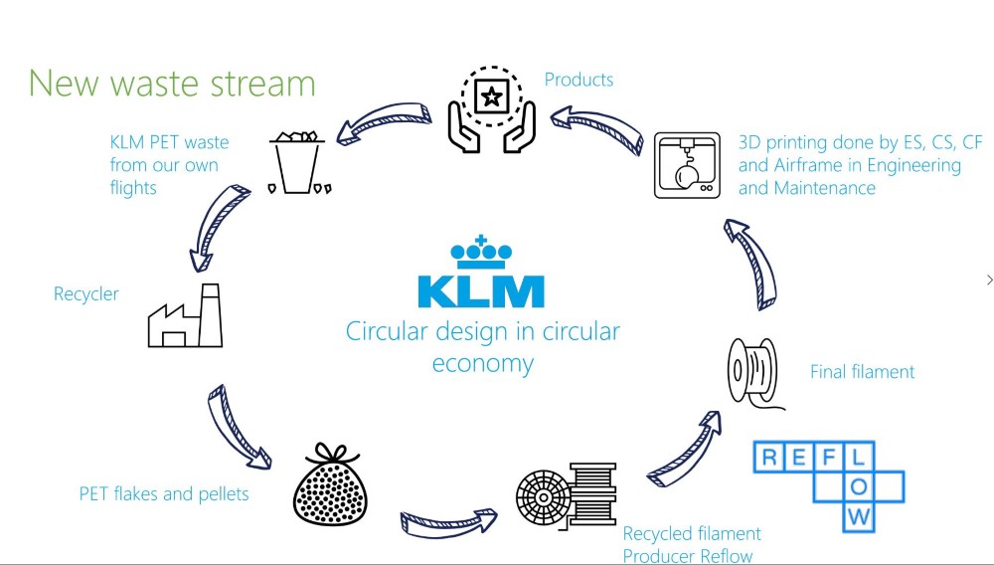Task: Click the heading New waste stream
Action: click(172, 83)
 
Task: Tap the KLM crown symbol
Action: click(481, 254)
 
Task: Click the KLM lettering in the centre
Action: click(481, 291)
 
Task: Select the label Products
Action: click(579, 80)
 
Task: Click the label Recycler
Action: click(86, 294)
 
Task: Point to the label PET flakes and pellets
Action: click(164, 494)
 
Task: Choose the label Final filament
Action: click(862, 372)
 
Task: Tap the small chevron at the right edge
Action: click(989, 280)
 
